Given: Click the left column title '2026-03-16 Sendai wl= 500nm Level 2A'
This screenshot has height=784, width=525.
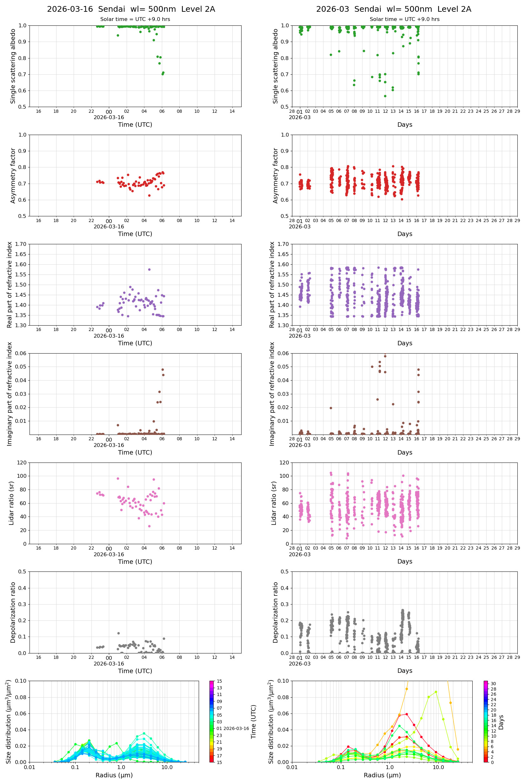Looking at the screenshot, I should pos(131,9).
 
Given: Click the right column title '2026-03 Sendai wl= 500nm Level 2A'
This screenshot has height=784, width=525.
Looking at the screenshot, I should pos(393,9).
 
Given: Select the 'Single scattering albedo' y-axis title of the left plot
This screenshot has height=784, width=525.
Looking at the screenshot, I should pos(13,66).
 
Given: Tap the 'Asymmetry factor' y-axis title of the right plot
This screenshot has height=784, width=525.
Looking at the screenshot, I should pos(276,176).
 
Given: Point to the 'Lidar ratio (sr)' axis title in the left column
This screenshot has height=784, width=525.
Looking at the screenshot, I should pos(11,503).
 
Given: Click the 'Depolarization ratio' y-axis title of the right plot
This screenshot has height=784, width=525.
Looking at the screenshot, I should pos(276,612).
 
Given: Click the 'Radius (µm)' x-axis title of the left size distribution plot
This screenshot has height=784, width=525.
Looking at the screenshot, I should pos(114,775).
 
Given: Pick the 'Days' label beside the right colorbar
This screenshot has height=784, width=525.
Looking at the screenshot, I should pos(501,722).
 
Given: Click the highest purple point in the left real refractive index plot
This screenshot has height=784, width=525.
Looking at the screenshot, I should pos(149,269).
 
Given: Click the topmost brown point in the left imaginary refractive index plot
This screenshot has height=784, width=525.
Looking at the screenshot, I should pos(163,369).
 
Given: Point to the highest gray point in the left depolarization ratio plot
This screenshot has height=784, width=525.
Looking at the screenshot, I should pos(118,633).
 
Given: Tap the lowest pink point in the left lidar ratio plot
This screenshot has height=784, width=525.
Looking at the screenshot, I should pos(149,526).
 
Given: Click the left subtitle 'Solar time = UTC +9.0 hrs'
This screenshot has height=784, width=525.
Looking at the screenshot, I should pos(135,19).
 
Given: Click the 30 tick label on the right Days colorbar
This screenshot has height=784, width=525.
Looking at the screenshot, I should pos(493,684).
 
